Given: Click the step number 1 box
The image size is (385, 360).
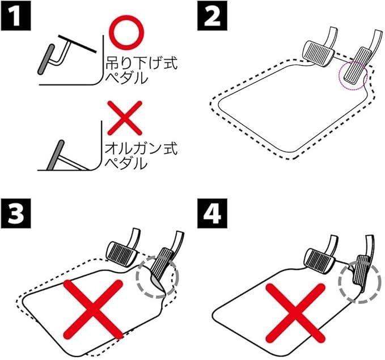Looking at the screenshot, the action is click(x=16, y=15).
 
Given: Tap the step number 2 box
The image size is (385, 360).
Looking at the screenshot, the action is click(x=212, y=15).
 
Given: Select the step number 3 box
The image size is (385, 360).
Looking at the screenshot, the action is click(x=16, y=213).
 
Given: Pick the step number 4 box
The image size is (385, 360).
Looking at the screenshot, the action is click(x=212, y=213).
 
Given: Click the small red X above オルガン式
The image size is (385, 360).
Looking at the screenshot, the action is click(x=125, y=118).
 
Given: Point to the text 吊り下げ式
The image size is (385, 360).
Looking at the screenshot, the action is click(x=141, y=63).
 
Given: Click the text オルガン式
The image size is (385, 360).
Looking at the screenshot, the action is click(x=141, y=149).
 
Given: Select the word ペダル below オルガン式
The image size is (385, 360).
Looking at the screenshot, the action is click(x=127, y=163).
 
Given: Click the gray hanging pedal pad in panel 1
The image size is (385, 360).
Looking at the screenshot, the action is click(x=46, y=60).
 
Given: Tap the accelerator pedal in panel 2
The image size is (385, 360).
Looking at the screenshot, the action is click(x=355, y=66).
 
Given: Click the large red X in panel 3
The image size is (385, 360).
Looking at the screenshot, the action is click(x=93, y=310).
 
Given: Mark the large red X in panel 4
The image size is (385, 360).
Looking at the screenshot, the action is click(x=295, y=313).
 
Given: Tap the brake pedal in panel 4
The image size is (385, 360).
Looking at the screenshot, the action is click(x=320, y=260).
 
